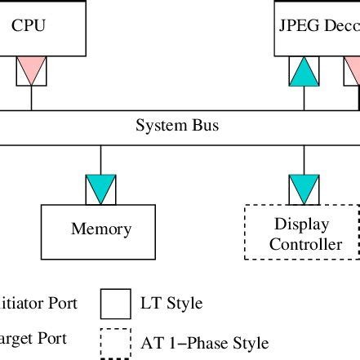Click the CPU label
[x=29, y=25]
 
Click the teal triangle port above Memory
[x=101, y=189]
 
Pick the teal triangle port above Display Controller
[x=304, y=189]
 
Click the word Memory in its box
[x=101, y=229]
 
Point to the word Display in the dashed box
[x=301, y=224]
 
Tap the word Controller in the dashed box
[x=305, y=244]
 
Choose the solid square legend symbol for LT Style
[x=115, y=304]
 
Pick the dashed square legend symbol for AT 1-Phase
[x=115, y=343]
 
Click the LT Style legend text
[x=172, y=304]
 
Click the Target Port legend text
[x=33, y=338]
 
